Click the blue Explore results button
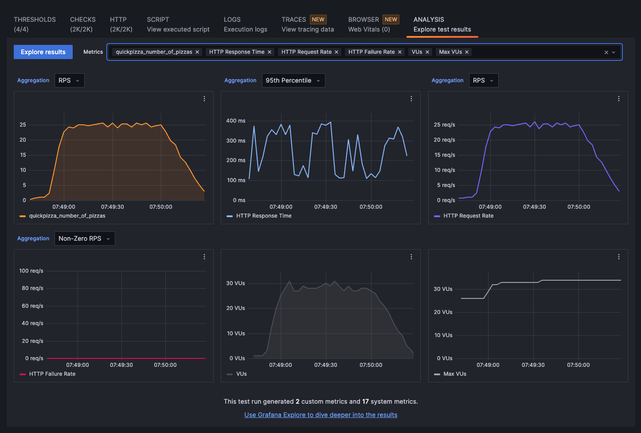(43, 52)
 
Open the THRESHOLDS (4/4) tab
(35, 24)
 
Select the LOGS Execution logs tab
(245, 24)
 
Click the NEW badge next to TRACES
(318, 20)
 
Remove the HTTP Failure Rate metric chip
(400, 52)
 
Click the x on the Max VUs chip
(467, 52)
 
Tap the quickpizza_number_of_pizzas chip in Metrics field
(154, 52)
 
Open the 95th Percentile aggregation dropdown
(293, 80)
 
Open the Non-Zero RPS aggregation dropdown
(84, 238)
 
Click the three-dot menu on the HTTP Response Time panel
(411, 99)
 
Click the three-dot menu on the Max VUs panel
(619, 257)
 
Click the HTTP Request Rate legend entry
(468, 216)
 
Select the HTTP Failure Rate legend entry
(52, 374)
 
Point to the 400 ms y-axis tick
(236, 121)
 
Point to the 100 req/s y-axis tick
(31, 271)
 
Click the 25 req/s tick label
(444, 125)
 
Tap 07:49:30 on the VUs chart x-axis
(325, 365)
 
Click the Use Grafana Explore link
(320, 415)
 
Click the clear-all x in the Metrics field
(606, 52)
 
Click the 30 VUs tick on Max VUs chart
(443, 289)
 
